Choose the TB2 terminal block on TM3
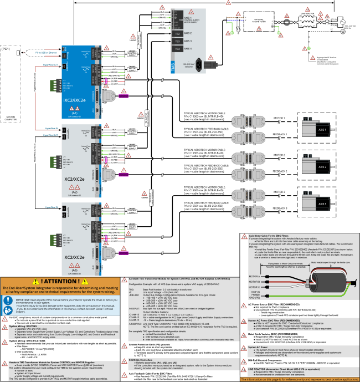[177, 33]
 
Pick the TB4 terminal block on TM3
[177, 49]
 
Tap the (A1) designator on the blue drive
[74, 113]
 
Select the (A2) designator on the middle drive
[74, 192]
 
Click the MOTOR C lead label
[255, 287]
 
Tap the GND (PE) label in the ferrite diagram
[255, 297]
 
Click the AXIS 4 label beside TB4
[188, 49]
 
